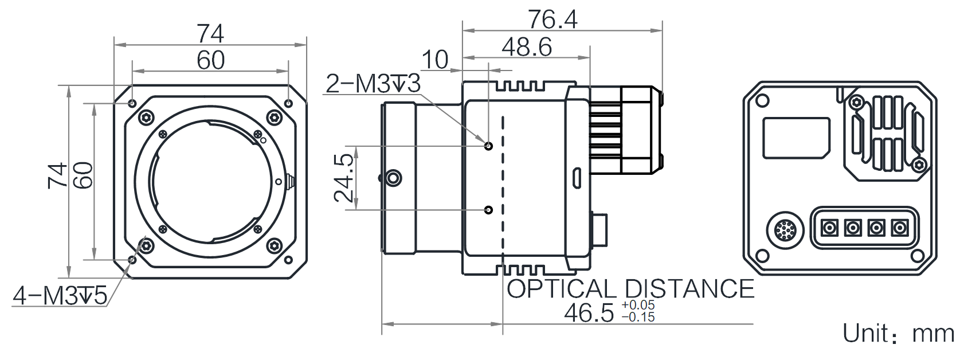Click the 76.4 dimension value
pos(552,19)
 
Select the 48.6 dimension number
pos(526,46)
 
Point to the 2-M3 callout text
pos(373,84)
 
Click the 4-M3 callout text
pos(60,296)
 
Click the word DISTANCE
pos(689,289)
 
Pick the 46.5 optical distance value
pos(589,313)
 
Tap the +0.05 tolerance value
pos(638,305)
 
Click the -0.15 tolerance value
pos(638,317)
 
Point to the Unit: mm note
pos(899,333)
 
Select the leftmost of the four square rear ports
pos(829,227)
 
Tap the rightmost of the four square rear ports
pos(900,227)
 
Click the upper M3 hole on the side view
pos(489,146)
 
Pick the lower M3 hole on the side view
pos(489,210)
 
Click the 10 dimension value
pos(435,60)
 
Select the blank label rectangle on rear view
pos(797,138)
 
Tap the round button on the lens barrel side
pos(393,178)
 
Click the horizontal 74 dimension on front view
pos(210,34)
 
